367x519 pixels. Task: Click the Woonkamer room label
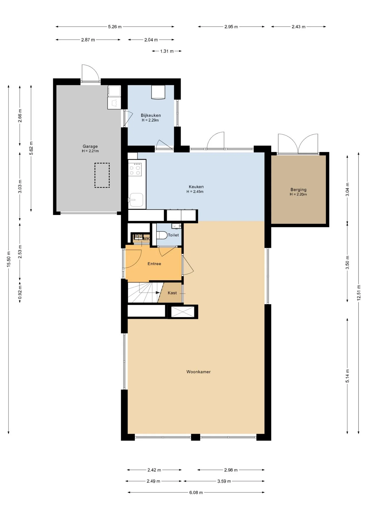pos(198,372)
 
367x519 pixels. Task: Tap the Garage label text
pos(90,146)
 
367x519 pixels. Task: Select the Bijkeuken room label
pos(151,115)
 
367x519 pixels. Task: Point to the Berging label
pos(298,190)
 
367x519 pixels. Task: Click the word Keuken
pos(196,187)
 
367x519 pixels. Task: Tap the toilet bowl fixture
pos(162,235)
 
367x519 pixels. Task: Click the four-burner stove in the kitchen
pos(135,169)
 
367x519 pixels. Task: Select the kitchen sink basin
pos(136,200)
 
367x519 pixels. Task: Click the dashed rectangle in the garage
pos(102,175)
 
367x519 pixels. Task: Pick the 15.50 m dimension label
pos(9,259)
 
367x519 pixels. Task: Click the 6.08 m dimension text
pos(196,493)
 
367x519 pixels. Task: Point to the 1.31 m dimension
pos(167,51)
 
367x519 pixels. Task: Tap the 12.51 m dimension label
pos(359,293)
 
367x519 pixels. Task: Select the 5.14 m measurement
pos(347,376)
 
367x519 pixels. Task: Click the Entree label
pos(154,264)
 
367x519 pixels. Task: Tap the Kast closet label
pos(172,293)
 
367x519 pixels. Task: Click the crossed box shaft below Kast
pos(183,312)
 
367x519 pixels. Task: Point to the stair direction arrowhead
pos(158,292)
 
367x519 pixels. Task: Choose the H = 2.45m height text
pos(195,192)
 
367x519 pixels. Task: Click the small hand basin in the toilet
pos(176,226)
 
